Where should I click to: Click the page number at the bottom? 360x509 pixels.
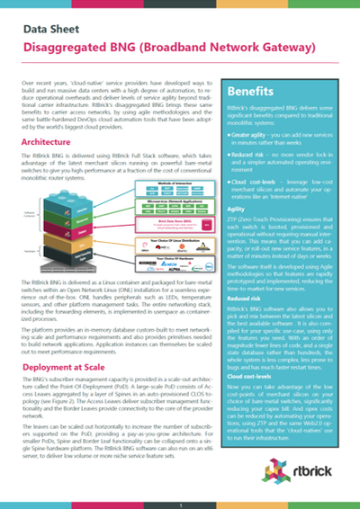(180, 503)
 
